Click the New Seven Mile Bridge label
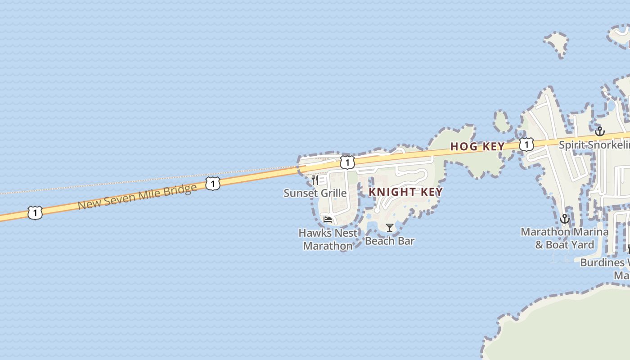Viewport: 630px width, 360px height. click(137, 196)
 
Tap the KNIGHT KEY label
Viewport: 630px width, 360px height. click(405, 192)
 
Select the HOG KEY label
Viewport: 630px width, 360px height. click(477, 147)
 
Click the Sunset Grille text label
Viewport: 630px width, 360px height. click(315, 193)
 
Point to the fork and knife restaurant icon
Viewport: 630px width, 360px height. click(315, 180)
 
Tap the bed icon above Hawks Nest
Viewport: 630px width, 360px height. click(328, 220)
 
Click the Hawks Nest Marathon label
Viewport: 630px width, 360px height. click(328, 239)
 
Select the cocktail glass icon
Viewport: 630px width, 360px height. click(390, 228)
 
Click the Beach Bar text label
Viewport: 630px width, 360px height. click(390, 241)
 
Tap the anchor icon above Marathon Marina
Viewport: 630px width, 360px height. click(564, 219)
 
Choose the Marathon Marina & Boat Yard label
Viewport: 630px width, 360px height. click(564, 238)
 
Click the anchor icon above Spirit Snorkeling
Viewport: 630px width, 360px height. click(599, 131)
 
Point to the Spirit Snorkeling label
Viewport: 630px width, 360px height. click(594, 145)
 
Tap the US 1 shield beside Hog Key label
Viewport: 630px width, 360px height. click(526, 144)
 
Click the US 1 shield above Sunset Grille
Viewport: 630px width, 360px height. click(347, 162)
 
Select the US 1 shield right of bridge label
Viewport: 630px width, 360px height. click(213, 183)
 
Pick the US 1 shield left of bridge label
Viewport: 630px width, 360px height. click(35, 212)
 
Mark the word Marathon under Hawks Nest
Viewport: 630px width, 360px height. click(328, 246)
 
